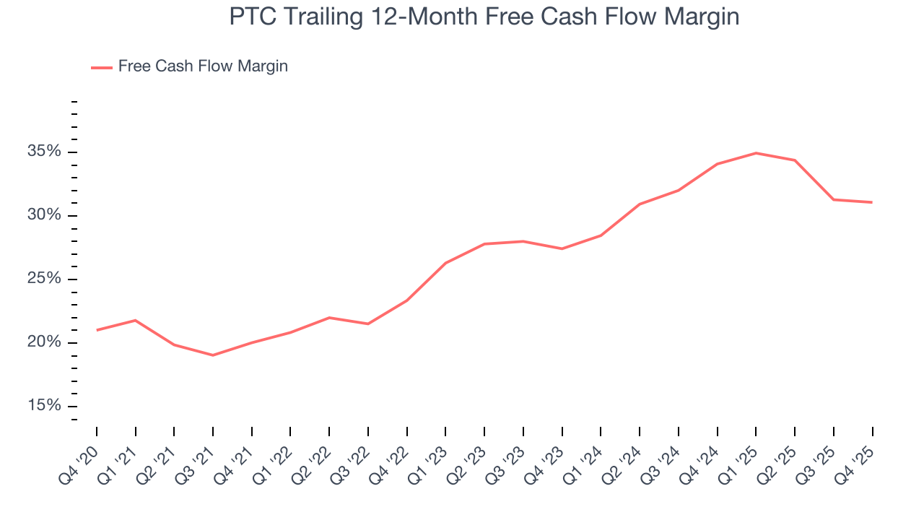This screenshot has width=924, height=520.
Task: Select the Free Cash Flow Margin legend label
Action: [x=203, y=66]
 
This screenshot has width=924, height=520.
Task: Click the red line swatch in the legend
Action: [x=101, y=67]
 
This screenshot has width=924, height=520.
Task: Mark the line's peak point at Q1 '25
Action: [x=756, y=153]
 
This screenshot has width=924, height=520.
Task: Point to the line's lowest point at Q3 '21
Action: [x=213, y=355]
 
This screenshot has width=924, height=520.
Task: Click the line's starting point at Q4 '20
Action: [x=97, y=330]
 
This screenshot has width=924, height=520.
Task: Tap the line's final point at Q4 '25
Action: [x=872, y=202]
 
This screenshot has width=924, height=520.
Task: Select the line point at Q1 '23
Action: [x=445, y=263]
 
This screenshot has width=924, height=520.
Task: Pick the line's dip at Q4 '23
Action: [x=562, y=248]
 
